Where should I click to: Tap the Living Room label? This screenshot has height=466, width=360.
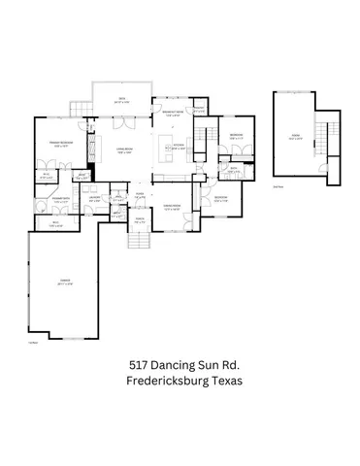124,151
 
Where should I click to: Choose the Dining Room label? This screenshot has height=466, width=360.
175,207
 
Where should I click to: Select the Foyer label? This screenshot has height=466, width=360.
140,196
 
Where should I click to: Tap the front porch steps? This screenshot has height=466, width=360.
140,239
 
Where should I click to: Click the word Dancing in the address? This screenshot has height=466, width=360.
180,364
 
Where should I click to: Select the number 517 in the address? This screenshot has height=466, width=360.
143,364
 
